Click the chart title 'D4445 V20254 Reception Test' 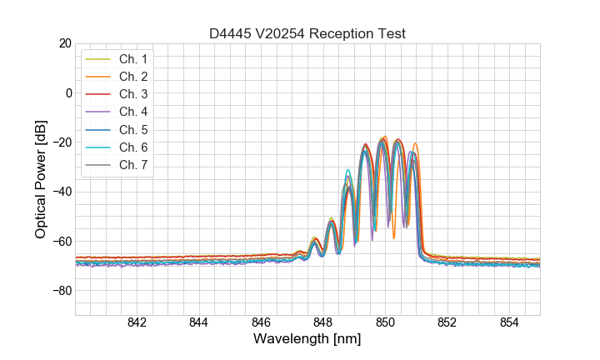(307, 33)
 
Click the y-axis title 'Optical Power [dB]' (41, 179)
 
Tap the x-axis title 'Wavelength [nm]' (307, 339)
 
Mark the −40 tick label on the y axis (61, 192)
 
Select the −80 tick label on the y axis (61, 291)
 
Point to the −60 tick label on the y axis (61, 242)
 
